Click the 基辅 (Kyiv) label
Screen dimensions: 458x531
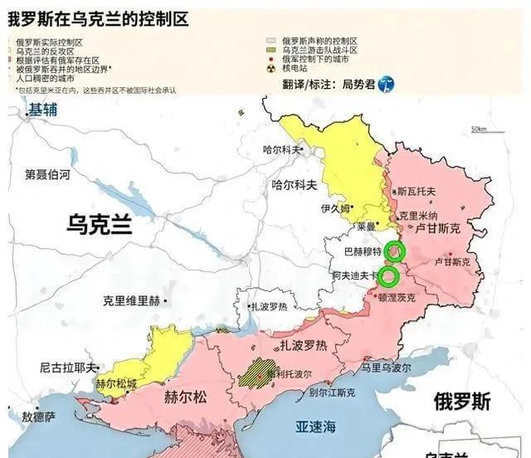coord(42,109)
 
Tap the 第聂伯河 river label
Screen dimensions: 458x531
coord(47,175)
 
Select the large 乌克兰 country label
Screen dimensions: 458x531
coord(100,225)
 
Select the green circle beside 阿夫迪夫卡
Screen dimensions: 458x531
coord(389,275)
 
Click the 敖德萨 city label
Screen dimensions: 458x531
coord(39,417)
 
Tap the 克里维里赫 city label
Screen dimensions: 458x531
coord(130,300)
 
